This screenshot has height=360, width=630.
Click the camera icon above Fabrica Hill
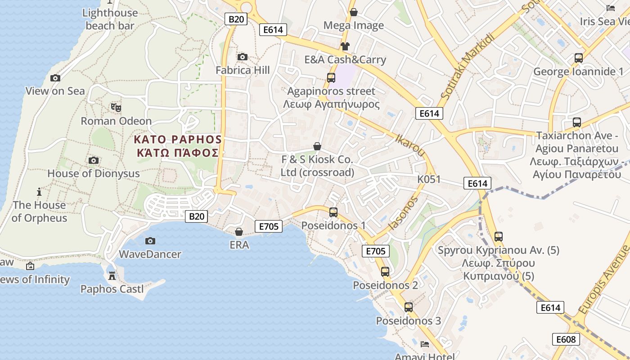pos(242,57)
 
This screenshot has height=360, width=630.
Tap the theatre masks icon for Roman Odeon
pos(116,107)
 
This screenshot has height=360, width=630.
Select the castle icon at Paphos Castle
pos(112,275)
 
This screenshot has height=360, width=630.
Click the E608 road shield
pos(566,339)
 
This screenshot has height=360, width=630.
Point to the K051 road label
pos(429,179)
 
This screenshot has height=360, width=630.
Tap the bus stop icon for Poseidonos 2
pos(385,271)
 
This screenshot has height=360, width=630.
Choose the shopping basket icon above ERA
pos(239,232)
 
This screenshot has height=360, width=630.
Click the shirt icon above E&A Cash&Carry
pos(345,46)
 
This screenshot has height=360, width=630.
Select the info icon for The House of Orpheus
pos(39,192)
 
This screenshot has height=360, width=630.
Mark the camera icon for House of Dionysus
pos(94,160)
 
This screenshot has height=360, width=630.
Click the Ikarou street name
pos(410,144)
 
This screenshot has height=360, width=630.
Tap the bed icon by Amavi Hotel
pos(424,344)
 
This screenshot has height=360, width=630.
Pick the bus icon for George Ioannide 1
pos(578,58)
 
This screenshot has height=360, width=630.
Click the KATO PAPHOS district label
pos(178,145)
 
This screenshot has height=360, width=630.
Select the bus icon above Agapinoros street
pos(331,78)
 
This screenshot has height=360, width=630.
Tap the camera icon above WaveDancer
pos(150,241)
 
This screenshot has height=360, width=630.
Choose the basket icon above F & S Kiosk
pos(317,146)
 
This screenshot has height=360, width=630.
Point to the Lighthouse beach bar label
pos(110,19)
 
